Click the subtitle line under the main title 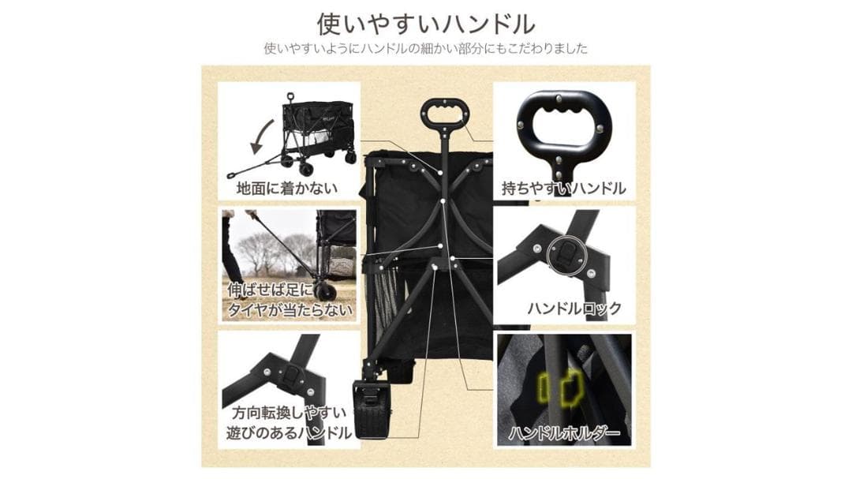point(426,48)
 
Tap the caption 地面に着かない point(287,188)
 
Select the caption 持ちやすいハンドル point(564,188)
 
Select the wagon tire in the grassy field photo point(324,291)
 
